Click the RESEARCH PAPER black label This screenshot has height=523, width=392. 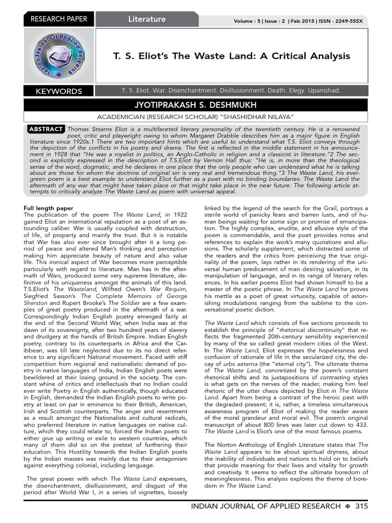coord(59,19)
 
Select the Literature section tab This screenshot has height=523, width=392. coord(147,19)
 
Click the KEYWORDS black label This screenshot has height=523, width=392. coord(59,91)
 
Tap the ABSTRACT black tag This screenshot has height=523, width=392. coord(46,129)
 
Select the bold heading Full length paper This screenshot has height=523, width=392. coord(49,208)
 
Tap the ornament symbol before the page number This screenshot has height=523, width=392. coord(347,506)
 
